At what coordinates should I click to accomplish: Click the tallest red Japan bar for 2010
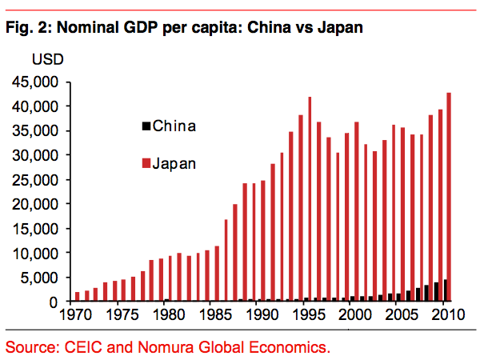click(449, 197)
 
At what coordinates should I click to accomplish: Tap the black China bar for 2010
click(445, 290)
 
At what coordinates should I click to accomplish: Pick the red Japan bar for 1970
click(78, 297)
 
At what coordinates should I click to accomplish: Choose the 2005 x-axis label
click(402, 314)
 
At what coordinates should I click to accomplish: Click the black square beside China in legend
click(146, 126)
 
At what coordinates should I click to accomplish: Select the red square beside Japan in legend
click(146, 164)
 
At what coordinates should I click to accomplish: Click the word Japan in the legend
click(174, 164)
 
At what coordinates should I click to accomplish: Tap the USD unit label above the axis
click(47, 61)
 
